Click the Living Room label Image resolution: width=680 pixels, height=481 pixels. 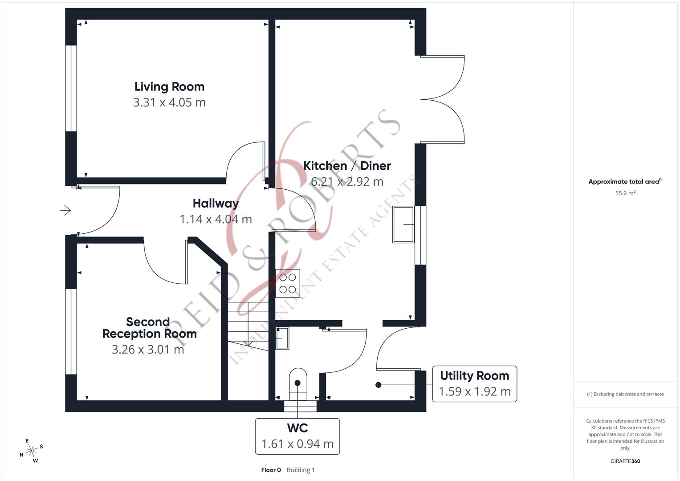[x=169, y=86]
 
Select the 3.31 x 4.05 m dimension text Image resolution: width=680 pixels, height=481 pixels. [x=169, y=102]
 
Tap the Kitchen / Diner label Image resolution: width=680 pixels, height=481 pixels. [x=347, y=166]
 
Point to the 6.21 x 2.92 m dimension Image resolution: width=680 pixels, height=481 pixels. [x=347, y=182]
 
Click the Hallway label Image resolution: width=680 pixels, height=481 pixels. [x=216, y=204]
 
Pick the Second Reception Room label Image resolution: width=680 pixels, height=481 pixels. [x=149, y=328]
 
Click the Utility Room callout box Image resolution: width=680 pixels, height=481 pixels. [x=474, y=383]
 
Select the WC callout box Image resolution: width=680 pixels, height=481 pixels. [x=297, y=436]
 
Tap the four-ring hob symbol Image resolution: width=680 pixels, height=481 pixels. [x=288, y=283]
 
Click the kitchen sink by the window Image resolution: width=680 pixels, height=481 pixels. [x=403, y=224]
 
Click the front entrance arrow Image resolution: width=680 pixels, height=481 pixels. [x=65, y=210]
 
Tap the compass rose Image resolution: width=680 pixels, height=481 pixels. [x=31, y=451]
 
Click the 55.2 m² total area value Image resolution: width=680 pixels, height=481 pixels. [x=625, y=193]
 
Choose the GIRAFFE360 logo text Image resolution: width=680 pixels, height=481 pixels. [x=625, y=461]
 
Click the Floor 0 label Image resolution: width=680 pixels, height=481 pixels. [x=271, y=470]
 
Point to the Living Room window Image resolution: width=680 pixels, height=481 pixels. [x=71, y=88]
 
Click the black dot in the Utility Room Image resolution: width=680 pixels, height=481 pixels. [x=378, y=385]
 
